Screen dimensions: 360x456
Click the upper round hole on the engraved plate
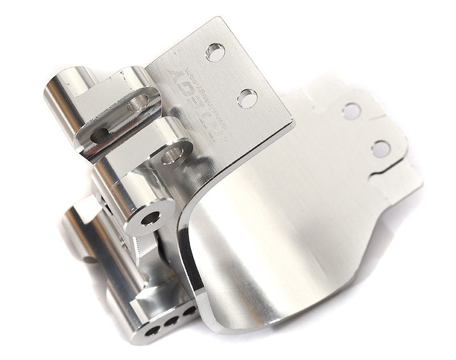pyautogui.click(x=215, y=52)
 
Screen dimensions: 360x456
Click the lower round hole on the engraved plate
pyautogui.click(x=247, y=98)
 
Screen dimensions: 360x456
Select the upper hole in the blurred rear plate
pyautogui.click(x=352, y=111)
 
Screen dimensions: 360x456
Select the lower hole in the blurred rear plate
pyautogui.click(x=381, y=149)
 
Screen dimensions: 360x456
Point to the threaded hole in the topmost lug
pyautogui.click(x=137, y=103)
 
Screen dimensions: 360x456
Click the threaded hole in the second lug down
pyautogui.click(x=172, y=155)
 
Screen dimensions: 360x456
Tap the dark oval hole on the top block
pyautogui.click(x=100, y=135)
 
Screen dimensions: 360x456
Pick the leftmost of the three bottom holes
pyautogui.click(x=153, y=331)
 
